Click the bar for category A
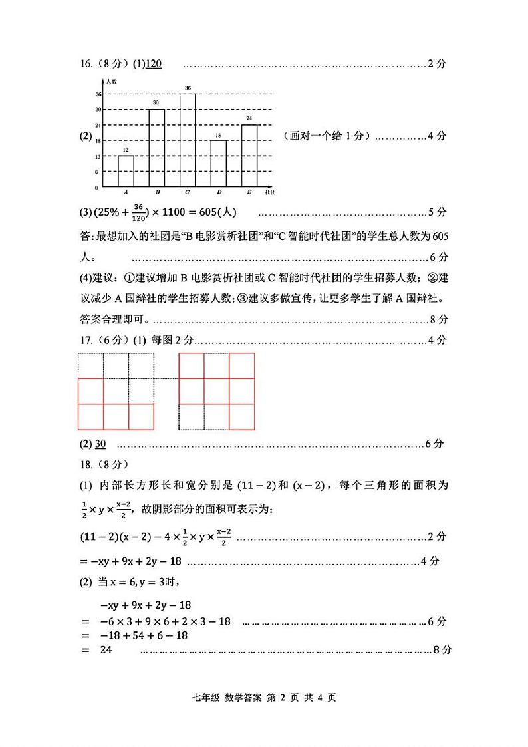point(126,171)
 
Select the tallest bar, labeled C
point(188,140)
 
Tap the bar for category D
point(219,163)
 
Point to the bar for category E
point(249,155)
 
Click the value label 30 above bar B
point(156,103)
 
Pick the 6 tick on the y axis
point(97,172)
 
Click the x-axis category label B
point(157,192)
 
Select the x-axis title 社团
point(270,192)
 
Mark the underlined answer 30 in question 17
point(100,444)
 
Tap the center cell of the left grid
point(116,391)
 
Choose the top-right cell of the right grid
point(242,365)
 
